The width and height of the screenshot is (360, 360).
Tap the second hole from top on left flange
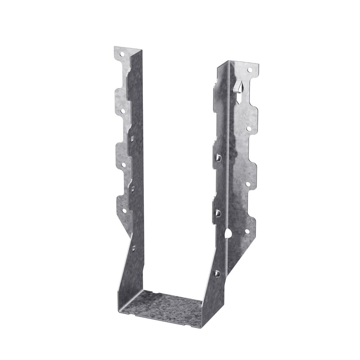[x=122, y=111]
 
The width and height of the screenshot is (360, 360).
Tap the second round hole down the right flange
[x=248, y=128]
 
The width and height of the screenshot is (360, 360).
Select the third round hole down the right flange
[x=248, y=184]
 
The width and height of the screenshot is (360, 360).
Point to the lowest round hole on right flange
[x=247, y=232]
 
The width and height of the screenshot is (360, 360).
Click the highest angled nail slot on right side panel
[x=218, y=157]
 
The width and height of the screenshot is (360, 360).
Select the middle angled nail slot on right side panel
[x=218, y=213]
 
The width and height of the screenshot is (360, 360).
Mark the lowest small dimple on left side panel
[x=133, y=248]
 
